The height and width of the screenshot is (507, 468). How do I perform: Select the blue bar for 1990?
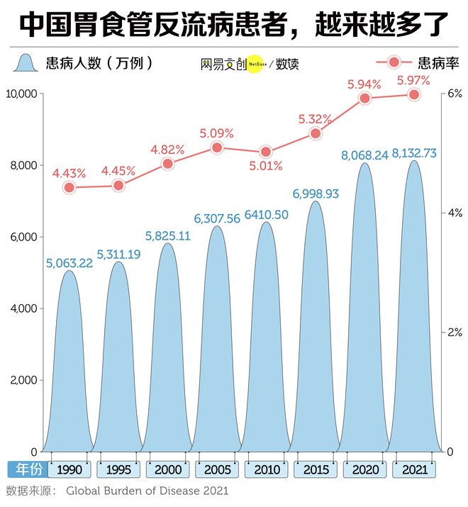pos(69,369)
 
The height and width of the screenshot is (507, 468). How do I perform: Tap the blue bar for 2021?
pos(414,319)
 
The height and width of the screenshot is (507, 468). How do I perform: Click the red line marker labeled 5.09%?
pos(217,147)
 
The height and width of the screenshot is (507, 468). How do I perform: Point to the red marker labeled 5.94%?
pos(365,99)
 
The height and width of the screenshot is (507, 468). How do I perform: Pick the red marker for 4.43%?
pos(69,187)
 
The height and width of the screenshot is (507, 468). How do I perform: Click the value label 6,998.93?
pos(316,193)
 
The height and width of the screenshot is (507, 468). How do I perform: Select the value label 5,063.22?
pos(69,263)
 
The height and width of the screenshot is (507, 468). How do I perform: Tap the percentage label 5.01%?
pos(266,167)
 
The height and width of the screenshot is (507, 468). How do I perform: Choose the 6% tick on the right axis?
pos(454,94)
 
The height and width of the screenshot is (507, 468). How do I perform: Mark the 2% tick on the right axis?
pos(454,332)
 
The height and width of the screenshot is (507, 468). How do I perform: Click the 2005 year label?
pos(217,469)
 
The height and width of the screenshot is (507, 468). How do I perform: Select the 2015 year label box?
pos(316,469)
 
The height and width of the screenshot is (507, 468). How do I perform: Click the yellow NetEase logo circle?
pos(256,64)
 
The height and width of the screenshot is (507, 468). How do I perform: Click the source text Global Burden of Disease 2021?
pos(148,491)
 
